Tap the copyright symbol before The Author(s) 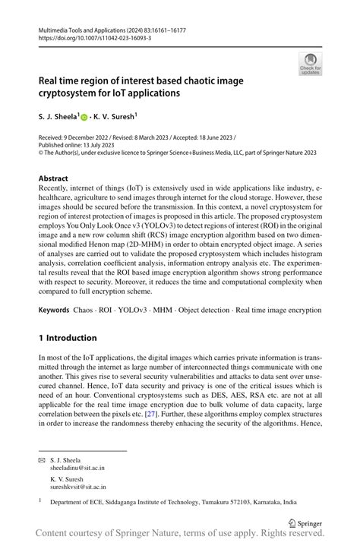point(41,152)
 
